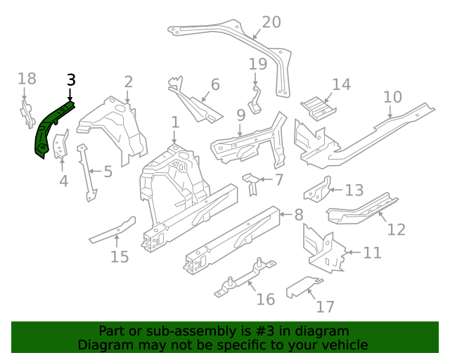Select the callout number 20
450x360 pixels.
click(271, 22)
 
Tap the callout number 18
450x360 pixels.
click(26, 78)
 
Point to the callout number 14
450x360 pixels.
click(341, 85)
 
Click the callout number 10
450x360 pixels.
click(392, 96)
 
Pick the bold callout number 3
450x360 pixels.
click(70, 79)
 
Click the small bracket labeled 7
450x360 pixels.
click(249, 183)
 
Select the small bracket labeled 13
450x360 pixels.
click(317, 191)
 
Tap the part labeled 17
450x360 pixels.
click(302, 286)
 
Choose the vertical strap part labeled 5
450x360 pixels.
click(86, 172)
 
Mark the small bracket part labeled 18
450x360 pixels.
click(26, 112)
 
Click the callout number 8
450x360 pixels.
click(298, 215)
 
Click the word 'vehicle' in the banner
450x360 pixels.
click(345, 345)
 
